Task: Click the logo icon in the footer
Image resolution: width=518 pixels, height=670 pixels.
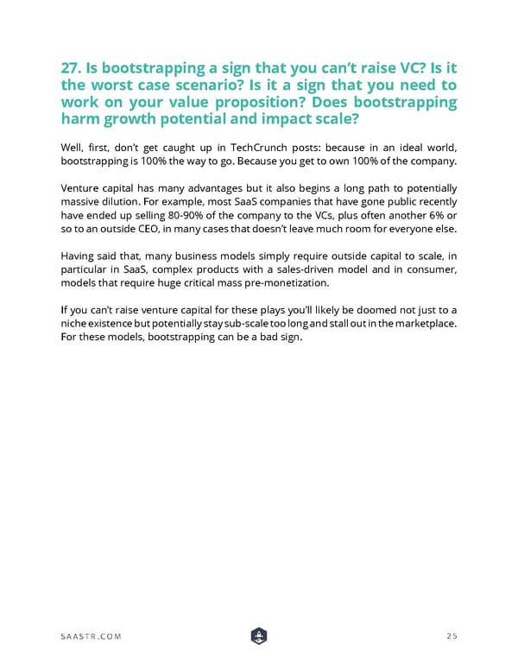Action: coord(260,636)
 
